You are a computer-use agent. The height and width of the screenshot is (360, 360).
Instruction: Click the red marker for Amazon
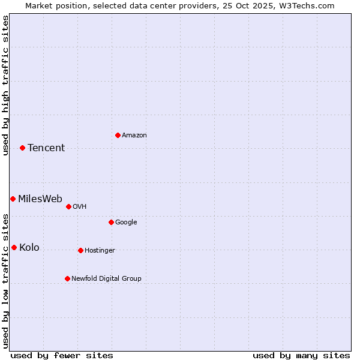(118, 135)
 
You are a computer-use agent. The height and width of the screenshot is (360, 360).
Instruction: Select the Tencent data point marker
(22, 148)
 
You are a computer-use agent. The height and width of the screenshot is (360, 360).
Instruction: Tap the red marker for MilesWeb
(13, 199)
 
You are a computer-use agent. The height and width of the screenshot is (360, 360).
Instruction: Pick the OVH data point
(68, 206)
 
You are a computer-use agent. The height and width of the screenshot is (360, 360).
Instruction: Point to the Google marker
(111, 222)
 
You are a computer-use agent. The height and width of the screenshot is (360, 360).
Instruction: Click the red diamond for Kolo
(14, 247)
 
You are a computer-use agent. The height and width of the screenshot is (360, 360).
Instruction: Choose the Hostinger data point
(80, 250)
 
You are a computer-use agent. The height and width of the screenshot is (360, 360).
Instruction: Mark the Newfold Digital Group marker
(67, 278)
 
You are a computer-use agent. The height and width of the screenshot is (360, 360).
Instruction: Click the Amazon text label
(134, 136)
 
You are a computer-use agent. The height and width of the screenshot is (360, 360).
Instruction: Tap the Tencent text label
(46, 148)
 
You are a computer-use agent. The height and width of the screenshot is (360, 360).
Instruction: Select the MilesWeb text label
(40, 199)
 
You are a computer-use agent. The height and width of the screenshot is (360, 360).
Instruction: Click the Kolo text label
(29, 248)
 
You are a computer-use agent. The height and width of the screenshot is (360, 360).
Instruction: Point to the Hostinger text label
(100, 251)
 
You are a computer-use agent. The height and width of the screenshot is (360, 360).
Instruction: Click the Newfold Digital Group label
(106, 279)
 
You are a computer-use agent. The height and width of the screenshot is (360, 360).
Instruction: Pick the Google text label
(126, 223)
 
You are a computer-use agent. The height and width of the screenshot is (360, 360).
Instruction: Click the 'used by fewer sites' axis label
(62, 355)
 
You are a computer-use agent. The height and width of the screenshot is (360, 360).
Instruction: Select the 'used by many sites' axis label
(301, 355)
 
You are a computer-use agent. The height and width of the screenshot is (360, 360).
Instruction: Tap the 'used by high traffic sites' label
(5, 85)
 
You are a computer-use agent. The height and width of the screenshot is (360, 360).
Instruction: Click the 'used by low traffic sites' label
(5, 281)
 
